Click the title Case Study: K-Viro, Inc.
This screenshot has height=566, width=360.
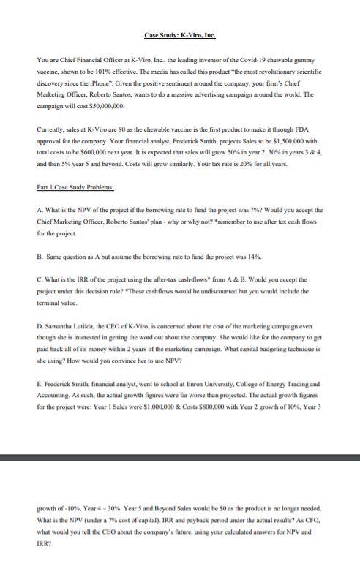(179, 34)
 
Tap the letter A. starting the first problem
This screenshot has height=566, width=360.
(40, 208)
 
